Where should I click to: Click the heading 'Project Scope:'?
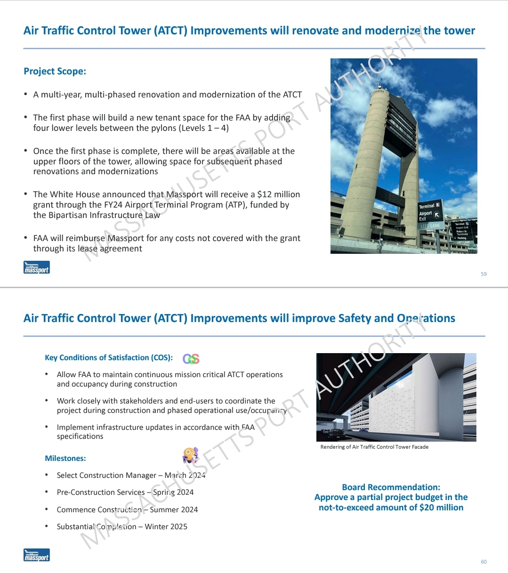55,72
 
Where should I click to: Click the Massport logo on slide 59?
37,267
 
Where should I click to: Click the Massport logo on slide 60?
37,555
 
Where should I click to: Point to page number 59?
484,274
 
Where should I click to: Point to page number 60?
484,562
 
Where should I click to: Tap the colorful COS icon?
191,359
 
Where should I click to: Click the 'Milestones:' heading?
65,459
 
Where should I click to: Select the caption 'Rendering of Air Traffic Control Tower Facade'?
374,447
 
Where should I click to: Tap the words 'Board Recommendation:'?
391,487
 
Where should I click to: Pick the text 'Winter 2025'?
166,526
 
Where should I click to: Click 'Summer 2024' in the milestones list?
174,509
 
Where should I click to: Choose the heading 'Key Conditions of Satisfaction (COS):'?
109,358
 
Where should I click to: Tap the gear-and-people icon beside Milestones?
190,455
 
